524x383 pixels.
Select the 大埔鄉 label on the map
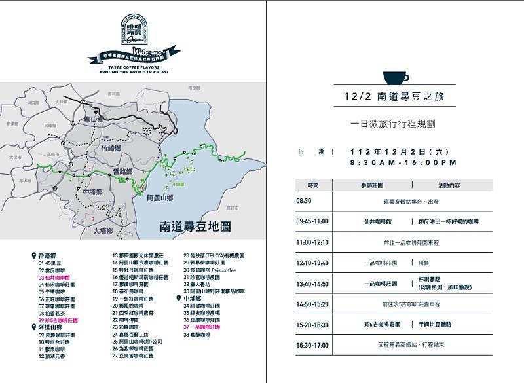[x=103, y=230]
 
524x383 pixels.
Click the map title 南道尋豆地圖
[x=196, y=227]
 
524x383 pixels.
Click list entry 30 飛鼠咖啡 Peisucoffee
[x=209, y=270]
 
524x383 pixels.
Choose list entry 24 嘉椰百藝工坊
[x=132, y=335]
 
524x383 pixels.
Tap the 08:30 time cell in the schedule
[x=304, y=202]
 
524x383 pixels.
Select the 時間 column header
[x=313, y=186]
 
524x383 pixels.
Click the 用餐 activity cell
[x=424, y=263]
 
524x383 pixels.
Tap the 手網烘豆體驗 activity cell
[x=441, y=324]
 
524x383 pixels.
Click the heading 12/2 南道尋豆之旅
[x=394, y=96]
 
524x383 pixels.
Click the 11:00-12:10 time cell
[x=312, y=242]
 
